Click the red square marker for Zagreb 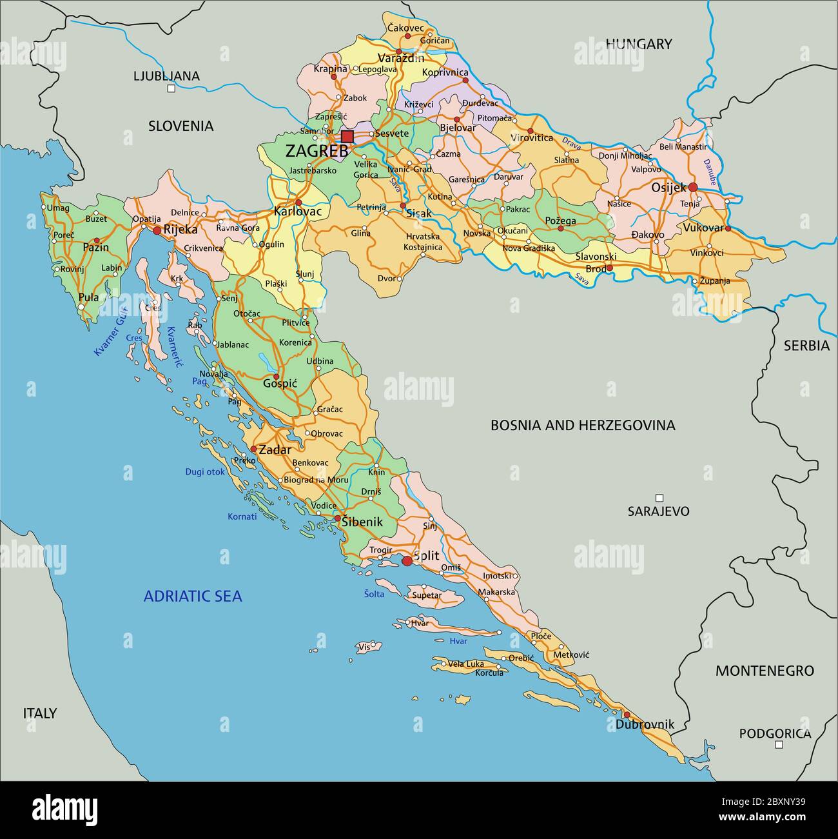tap(347, 136)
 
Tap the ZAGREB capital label tap(317, 152)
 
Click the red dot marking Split tap(407, 561)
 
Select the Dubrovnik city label tap(645, 724)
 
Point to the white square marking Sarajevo tap(659, 498)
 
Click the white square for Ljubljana tap(171, 89)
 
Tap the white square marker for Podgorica tap(779, 744)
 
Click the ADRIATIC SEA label tap(193, 596)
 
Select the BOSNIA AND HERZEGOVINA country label tap(583, 425)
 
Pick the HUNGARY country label tap(638, 44)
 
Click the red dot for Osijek tap(693, 187)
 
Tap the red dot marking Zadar tap(254, 449)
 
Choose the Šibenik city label tap(362, 522)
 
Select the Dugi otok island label tap(205, 472)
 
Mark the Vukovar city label tap(703, 228)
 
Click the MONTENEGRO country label tap(765, 671)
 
